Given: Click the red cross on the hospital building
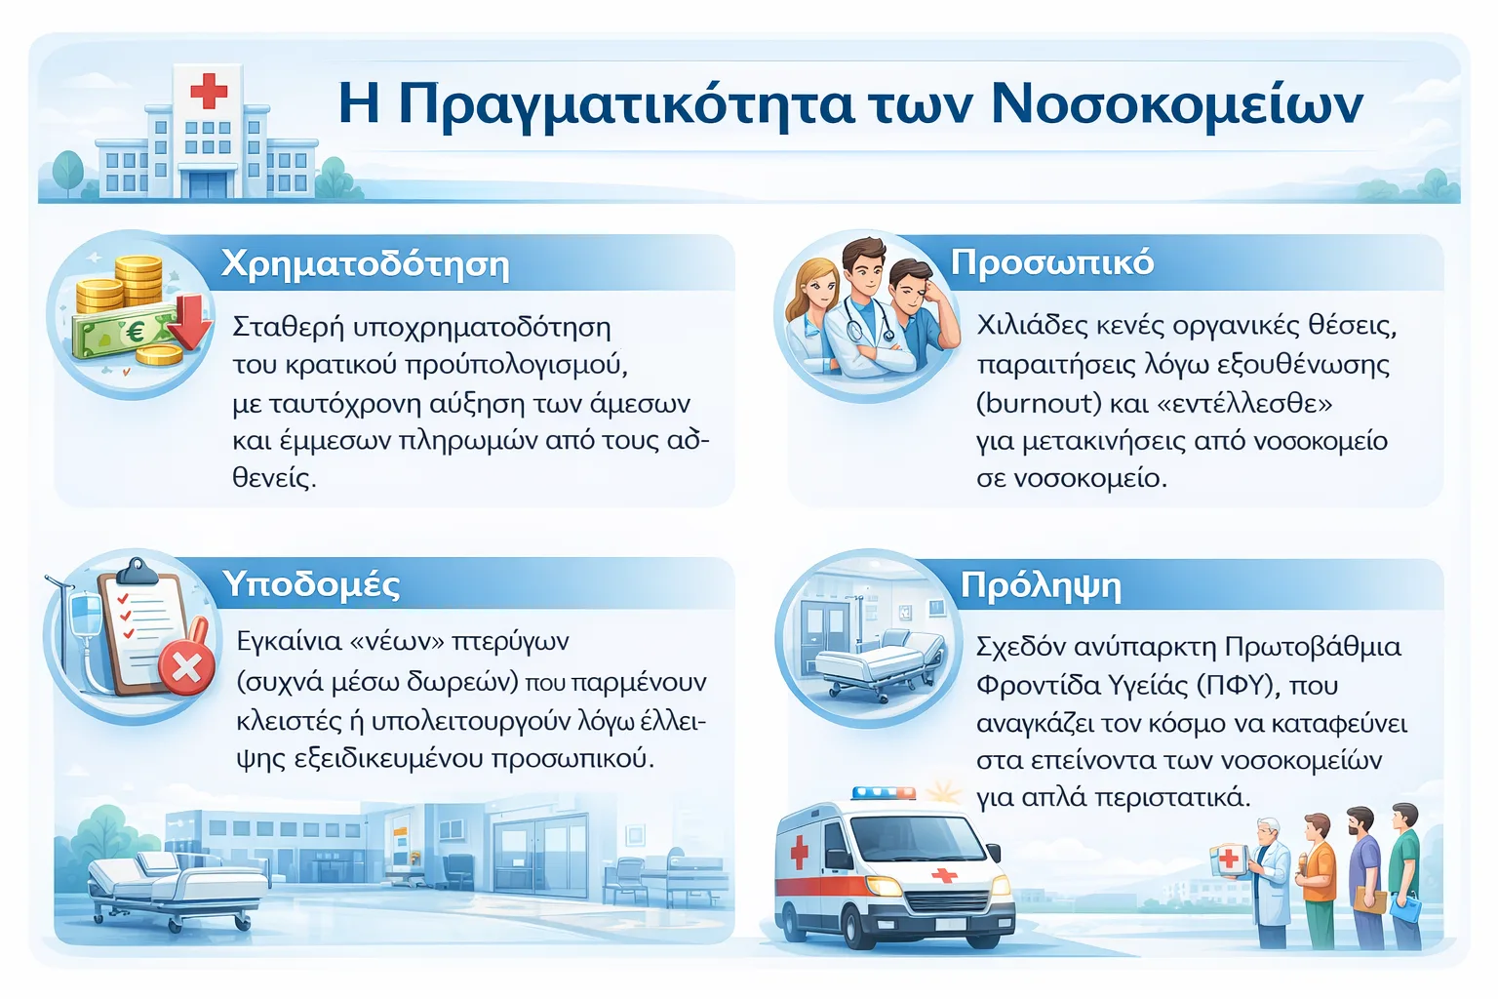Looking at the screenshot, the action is pyautogui.click(x=209, y=91).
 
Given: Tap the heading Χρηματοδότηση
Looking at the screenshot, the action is pyautogui.click(x=365, y=265).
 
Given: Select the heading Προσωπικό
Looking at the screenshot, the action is pyautogui.click(x=1052, y=263).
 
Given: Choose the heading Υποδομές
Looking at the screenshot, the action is pyautogui.click(x=311, y=584).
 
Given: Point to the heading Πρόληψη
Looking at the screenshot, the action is pyautogui.click(x=1041, y=587).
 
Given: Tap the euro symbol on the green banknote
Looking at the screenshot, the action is pyautogui.click(x=135, y=332).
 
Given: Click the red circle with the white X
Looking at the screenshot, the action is pyautogui.click(x=186, y=667).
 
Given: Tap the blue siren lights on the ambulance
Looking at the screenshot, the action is pyautogui.click(x=884, y=793).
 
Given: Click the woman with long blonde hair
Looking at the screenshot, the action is pyautogui.click(x=811, y=313).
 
